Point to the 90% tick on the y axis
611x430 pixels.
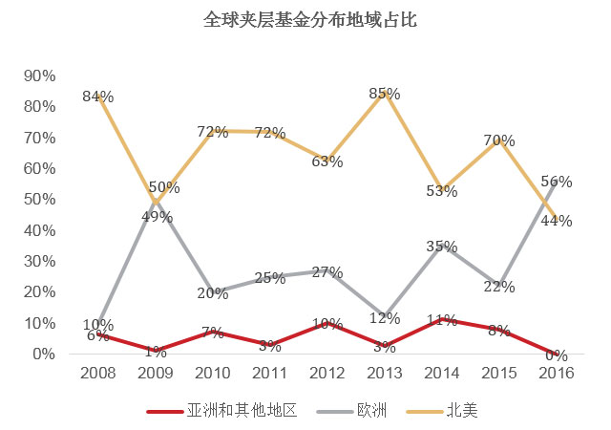(x=39, y=75)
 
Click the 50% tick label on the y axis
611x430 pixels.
(x=39, y=200)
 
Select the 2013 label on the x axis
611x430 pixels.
(x=385, y=374)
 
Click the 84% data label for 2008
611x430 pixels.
(x=98, y=97)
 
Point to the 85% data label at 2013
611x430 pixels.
(x=385, y=94)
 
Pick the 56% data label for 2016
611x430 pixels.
(x=557, y=182)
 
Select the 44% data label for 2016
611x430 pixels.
(x=557, y=222)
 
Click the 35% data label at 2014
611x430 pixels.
(x=441, y=247)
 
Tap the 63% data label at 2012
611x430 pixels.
(x=327, y=161)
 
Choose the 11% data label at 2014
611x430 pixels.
(x=441, y=321)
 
